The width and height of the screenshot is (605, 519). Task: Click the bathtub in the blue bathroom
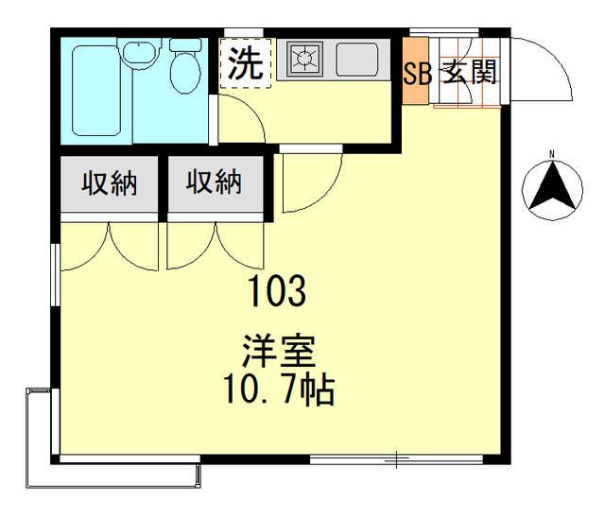[98, 91]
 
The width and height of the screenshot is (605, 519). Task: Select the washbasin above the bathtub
[138, 53]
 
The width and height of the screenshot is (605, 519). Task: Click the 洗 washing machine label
[245, 63]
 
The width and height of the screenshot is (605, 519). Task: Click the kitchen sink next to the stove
[357, 59]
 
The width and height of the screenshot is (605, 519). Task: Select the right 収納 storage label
[213, 182]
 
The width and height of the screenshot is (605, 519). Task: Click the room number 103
[277, 291]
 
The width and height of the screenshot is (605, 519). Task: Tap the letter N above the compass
[553, 153]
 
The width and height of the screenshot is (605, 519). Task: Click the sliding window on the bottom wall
[397, 460]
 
